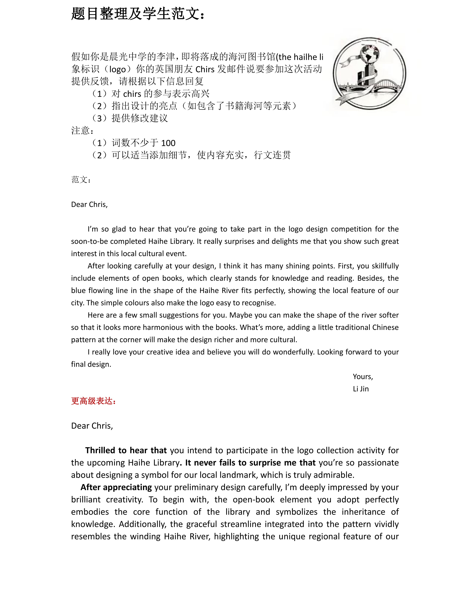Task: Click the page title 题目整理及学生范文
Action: (138, 14)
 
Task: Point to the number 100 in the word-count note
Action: (168, 143)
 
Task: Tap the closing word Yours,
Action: (363, 377)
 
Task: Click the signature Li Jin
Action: (361, 389)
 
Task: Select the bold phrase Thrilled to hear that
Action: (126, 450)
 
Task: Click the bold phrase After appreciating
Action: (116, 487)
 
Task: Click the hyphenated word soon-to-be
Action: (89, 241)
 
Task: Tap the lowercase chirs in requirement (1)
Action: (132, 94)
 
